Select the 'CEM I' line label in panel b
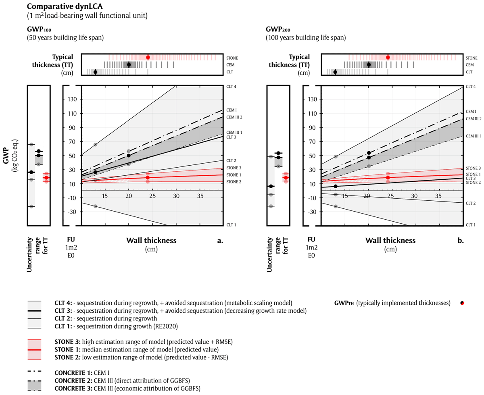(x=471, y=111)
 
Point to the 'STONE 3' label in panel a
(x=233, y=168)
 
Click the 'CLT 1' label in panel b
(x=471, y=225)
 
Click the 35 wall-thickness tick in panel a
(x=200, y=196)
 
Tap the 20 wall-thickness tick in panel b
(x=367, y=196)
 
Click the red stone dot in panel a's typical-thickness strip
(x=148, y=57)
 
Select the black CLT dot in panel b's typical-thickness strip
(x=335, y=72)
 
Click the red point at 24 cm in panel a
(x=148, y=177)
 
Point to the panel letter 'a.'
(x=220, y=241)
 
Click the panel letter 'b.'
(x=460, y=241)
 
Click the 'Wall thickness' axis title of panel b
(x=390, y=241)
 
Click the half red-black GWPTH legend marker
(x=463, y=303)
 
